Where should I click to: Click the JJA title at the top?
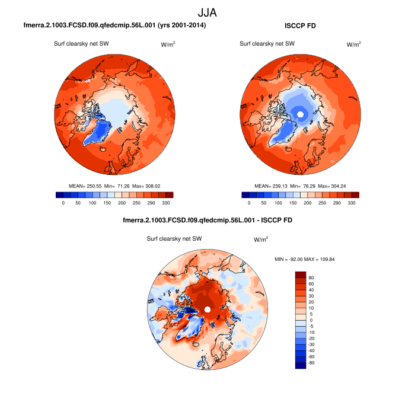[207, 12]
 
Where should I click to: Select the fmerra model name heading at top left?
[115, 26]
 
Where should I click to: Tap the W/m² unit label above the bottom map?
[261, 240]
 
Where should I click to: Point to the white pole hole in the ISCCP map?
[301, 114]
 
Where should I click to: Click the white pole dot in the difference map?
[207, 310]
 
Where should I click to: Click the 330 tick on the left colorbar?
[166, 203]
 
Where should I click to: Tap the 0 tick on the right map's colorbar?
[249, 203]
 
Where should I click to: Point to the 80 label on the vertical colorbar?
[312, 277]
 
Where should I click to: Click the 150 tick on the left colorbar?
[92, 203]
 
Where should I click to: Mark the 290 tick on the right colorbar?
[337, 203]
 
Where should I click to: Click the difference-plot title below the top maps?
[207, 221]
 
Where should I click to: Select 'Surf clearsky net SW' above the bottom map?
[175, 239]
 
